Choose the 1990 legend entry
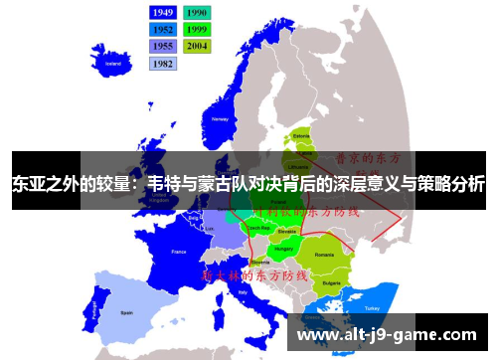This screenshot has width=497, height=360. [x=197, y=13]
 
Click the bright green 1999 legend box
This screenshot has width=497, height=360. [x=197, y=29]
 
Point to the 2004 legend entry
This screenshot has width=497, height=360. [x=197, y=46]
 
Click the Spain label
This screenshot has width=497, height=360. [x=127, y=311]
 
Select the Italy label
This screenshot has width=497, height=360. [x=245, y=293]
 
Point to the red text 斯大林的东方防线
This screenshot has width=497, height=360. [x=255, y=273]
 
